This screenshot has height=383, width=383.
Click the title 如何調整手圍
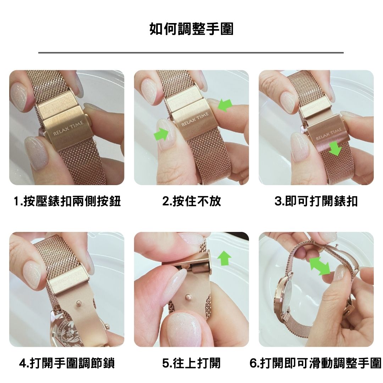pos(191,29)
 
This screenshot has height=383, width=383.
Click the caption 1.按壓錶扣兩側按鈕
pos(67,201)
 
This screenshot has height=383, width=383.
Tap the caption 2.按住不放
pos(191,201)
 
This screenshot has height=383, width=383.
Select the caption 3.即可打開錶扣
pos(316,201)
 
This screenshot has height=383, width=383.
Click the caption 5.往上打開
pos(191,363)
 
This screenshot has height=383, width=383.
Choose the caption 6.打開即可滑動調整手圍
pos(316,363)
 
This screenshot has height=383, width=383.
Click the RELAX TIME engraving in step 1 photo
pos(68,128)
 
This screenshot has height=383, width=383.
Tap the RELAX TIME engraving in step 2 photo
pos(195,119)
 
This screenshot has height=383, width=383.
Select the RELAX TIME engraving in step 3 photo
pos(329,134)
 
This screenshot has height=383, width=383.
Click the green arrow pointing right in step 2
pos(161,134)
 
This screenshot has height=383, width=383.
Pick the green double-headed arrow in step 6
pos(320,266)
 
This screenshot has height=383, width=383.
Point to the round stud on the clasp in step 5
pos(188,297)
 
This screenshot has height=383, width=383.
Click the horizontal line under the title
pos(191,52)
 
